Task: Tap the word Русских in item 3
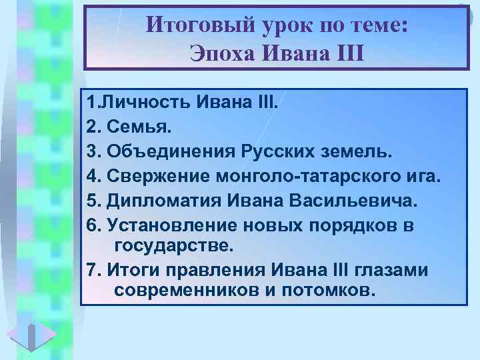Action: [x=275, y=153]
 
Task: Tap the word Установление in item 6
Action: [x=163, y=225]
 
